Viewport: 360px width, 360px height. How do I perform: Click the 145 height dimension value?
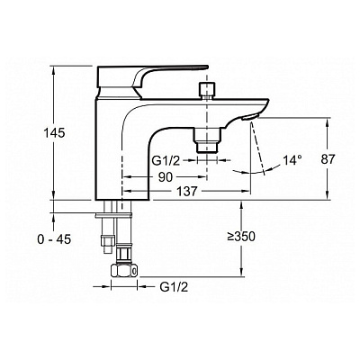[x=54, y=132]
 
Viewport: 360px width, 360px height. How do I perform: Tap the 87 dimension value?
[x=328, y=159]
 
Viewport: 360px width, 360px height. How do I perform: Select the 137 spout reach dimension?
[x=186, y=191]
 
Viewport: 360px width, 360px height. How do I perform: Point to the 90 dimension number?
[x=166, y=177]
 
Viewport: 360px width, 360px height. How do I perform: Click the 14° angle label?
[x=292, y=160]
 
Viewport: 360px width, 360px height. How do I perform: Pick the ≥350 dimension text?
[x=241, y=237]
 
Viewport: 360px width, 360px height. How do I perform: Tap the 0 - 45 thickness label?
[x=54, y=239]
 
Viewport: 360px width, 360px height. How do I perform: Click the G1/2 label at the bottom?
[x=174, y=287]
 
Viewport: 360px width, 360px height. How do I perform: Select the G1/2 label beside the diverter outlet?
[x=166, y=161]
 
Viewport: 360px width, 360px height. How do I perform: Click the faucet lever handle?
[x=150, y=79]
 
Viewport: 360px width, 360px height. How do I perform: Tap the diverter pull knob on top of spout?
[x=207, y=90]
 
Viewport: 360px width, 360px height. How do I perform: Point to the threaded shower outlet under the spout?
[x=207, y=140]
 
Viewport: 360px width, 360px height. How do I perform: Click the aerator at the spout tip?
[x=249, y=117]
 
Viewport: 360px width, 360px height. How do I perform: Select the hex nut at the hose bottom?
[x=124, y=271]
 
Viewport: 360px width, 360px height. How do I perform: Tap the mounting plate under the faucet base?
[x=113, y=215]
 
